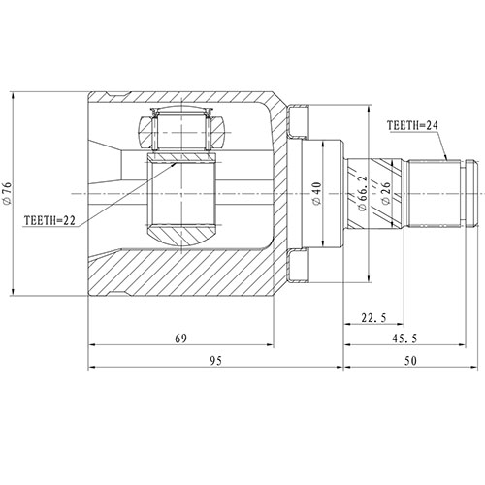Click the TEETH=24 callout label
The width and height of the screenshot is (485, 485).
point(413,125)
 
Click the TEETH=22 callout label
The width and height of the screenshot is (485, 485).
point(47,220)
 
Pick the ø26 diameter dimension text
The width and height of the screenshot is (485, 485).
point(387,194)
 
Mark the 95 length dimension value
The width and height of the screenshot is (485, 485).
point(215,360)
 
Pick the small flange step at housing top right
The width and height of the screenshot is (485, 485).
point(299,122)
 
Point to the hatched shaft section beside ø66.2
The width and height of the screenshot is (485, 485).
point(355,194)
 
